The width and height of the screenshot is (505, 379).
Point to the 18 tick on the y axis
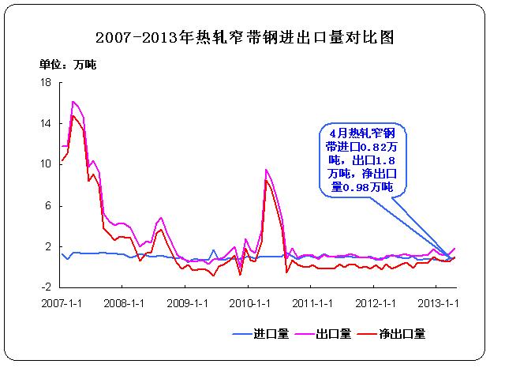click(x=46, y=82)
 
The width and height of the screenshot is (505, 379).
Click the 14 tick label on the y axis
click(x=46, y=123)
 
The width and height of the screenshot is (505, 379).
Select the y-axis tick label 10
click(x=46, y=164)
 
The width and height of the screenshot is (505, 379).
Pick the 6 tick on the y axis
click(x=48, y=205)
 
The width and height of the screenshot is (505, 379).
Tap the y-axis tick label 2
click(x=48, y=246)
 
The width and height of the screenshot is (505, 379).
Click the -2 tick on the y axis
click(x=47, y=287)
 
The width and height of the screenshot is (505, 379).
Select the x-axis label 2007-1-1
click(x=64, y=302)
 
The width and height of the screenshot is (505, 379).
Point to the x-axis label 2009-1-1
click(x=188, y=302)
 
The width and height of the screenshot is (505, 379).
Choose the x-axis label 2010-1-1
click(x=250, y=302)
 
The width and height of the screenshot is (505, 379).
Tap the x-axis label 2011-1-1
click(x=312, y=302)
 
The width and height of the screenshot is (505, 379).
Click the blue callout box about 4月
click(x=362, y=158)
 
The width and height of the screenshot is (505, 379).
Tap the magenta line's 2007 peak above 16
click(x=73, y=102)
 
